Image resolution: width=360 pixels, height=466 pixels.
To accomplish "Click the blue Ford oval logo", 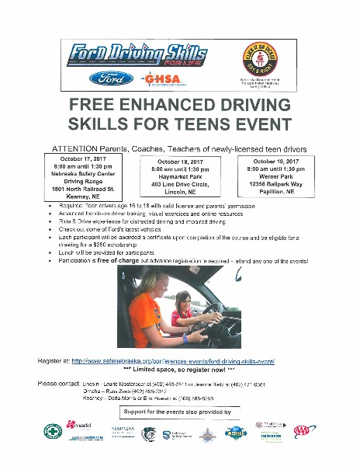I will [x=112, y=78].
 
